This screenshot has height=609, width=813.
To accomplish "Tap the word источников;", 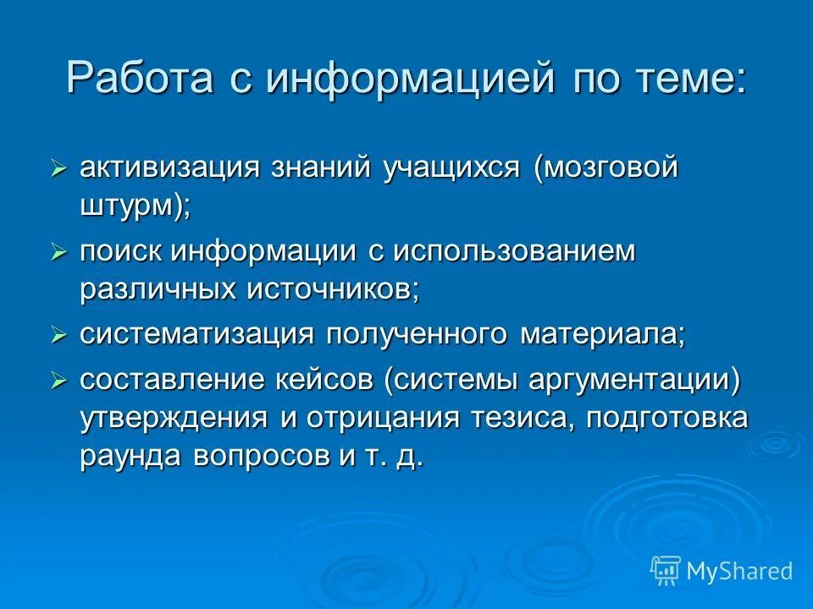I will [333, 290].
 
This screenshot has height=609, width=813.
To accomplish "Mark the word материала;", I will [602, 335].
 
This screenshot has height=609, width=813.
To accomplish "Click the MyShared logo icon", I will [666, 571].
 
